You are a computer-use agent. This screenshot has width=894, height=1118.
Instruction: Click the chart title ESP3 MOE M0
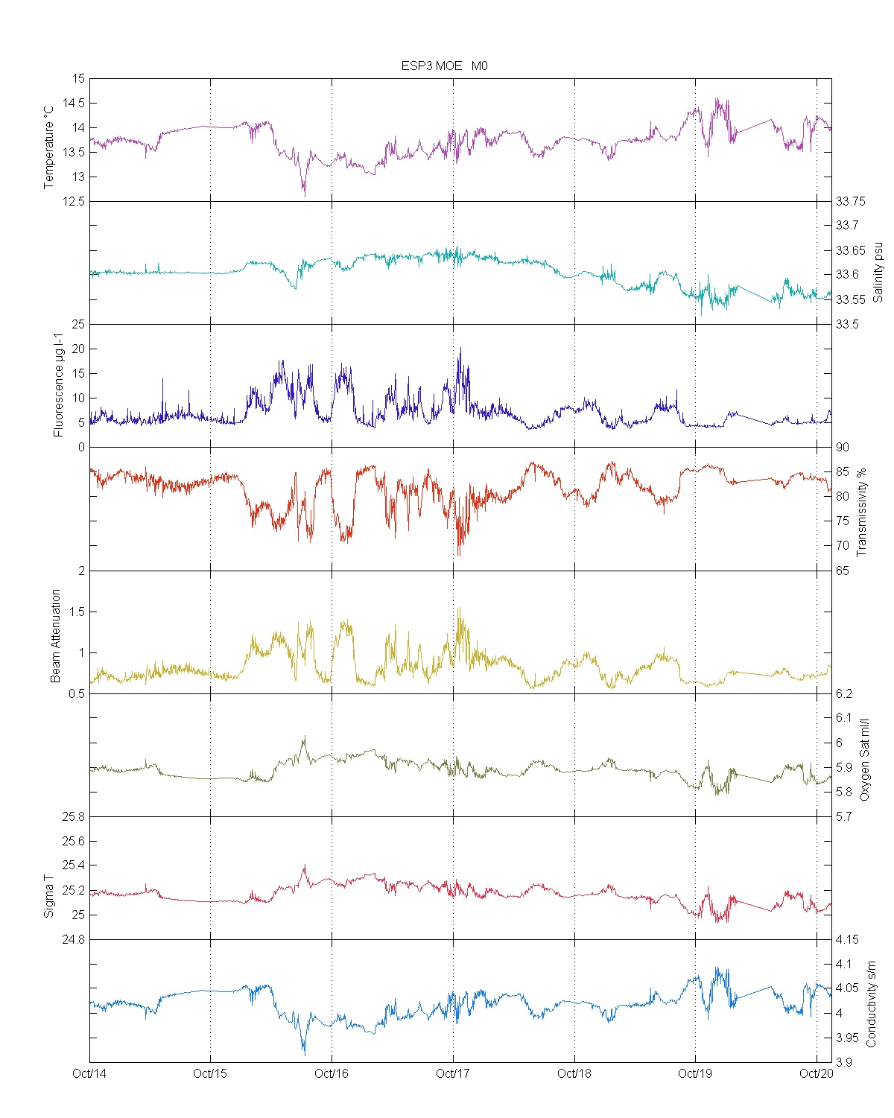(444, 66)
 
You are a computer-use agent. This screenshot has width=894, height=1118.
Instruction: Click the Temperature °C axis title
(49, 147)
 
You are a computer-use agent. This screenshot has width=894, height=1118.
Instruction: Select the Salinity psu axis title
(878, 271)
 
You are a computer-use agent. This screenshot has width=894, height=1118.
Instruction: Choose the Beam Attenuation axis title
(56, 636)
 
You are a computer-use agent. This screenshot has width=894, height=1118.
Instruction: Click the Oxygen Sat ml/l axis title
(864, 760)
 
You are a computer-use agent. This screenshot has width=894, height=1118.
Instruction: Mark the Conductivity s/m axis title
(871, 1004)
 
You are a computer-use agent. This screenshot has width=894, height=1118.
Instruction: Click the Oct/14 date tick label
(89, 1073)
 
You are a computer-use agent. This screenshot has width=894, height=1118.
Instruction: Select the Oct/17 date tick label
(453, 1073)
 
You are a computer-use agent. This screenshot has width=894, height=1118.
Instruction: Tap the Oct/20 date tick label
(817, 1073)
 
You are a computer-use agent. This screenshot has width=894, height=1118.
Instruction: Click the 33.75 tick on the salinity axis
(850, 201)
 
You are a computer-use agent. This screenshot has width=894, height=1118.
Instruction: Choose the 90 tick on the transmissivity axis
(842, 447)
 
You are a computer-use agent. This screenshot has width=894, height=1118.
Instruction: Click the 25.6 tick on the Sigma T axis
(73, 841)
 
